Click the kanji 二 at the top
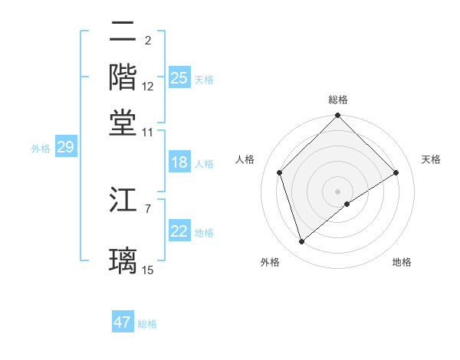tap(123, 32)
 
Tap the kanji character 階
tap(123, 77)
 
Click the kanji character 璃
tap(123, 259)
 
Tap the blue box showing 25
tap(179, 77)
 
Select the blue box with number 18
tap(179, 162)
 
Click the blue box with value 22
tap(179, 231)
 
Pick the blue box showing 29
tap(65, 147)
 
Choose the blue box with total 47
tap(123, 322)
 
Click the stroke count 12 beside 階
tap(148, 87)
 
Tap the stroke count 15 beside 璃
tap(148, 269)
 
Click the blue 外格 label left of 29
tap(41, 149)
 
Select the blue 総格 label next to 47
tap(147, 324)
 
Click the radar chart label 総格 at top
tap(338, 100)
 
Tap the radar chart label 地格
tap(402, 262)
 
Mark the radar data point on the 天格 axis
tap(396, 172)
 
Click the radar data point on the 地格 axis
tap(347, 204)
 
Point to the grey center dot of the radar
tap(338, 191)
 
